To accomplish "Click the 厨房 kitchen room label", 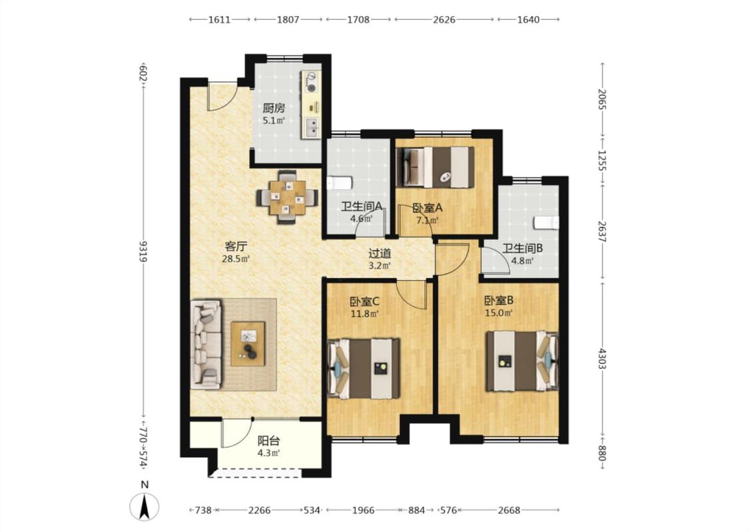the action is [x=274, y=108].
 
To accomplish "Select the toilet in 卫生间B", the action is [x=546, y=222].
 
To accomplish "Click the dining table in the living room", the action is [x=287, y=197].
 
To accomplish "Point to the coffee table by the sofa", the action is [x=248, y=344].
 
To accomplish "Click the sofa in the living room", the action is [x=206, y=344].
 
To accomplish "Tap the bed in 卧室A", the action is [x=435, y=167].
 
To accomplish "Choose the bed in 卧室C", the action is [x=364, y=368].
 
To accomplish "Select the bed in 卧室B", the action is [x=522, y=361].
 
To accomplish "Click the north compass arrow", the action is [x=144, y=506].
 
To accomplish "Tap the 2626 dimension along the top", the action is [x=444, y=19].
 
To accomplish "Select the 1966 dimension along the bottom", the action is [x=363, y=511].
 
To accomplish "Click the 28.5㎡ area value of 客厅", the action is [x=236, y=259].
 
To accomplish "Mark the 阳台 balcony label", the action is [x=268, y=441].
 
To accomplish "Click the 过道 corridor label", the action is [x=379, y=254].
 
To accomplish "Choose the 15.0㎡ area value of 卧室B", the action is [x=499, y=313].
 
